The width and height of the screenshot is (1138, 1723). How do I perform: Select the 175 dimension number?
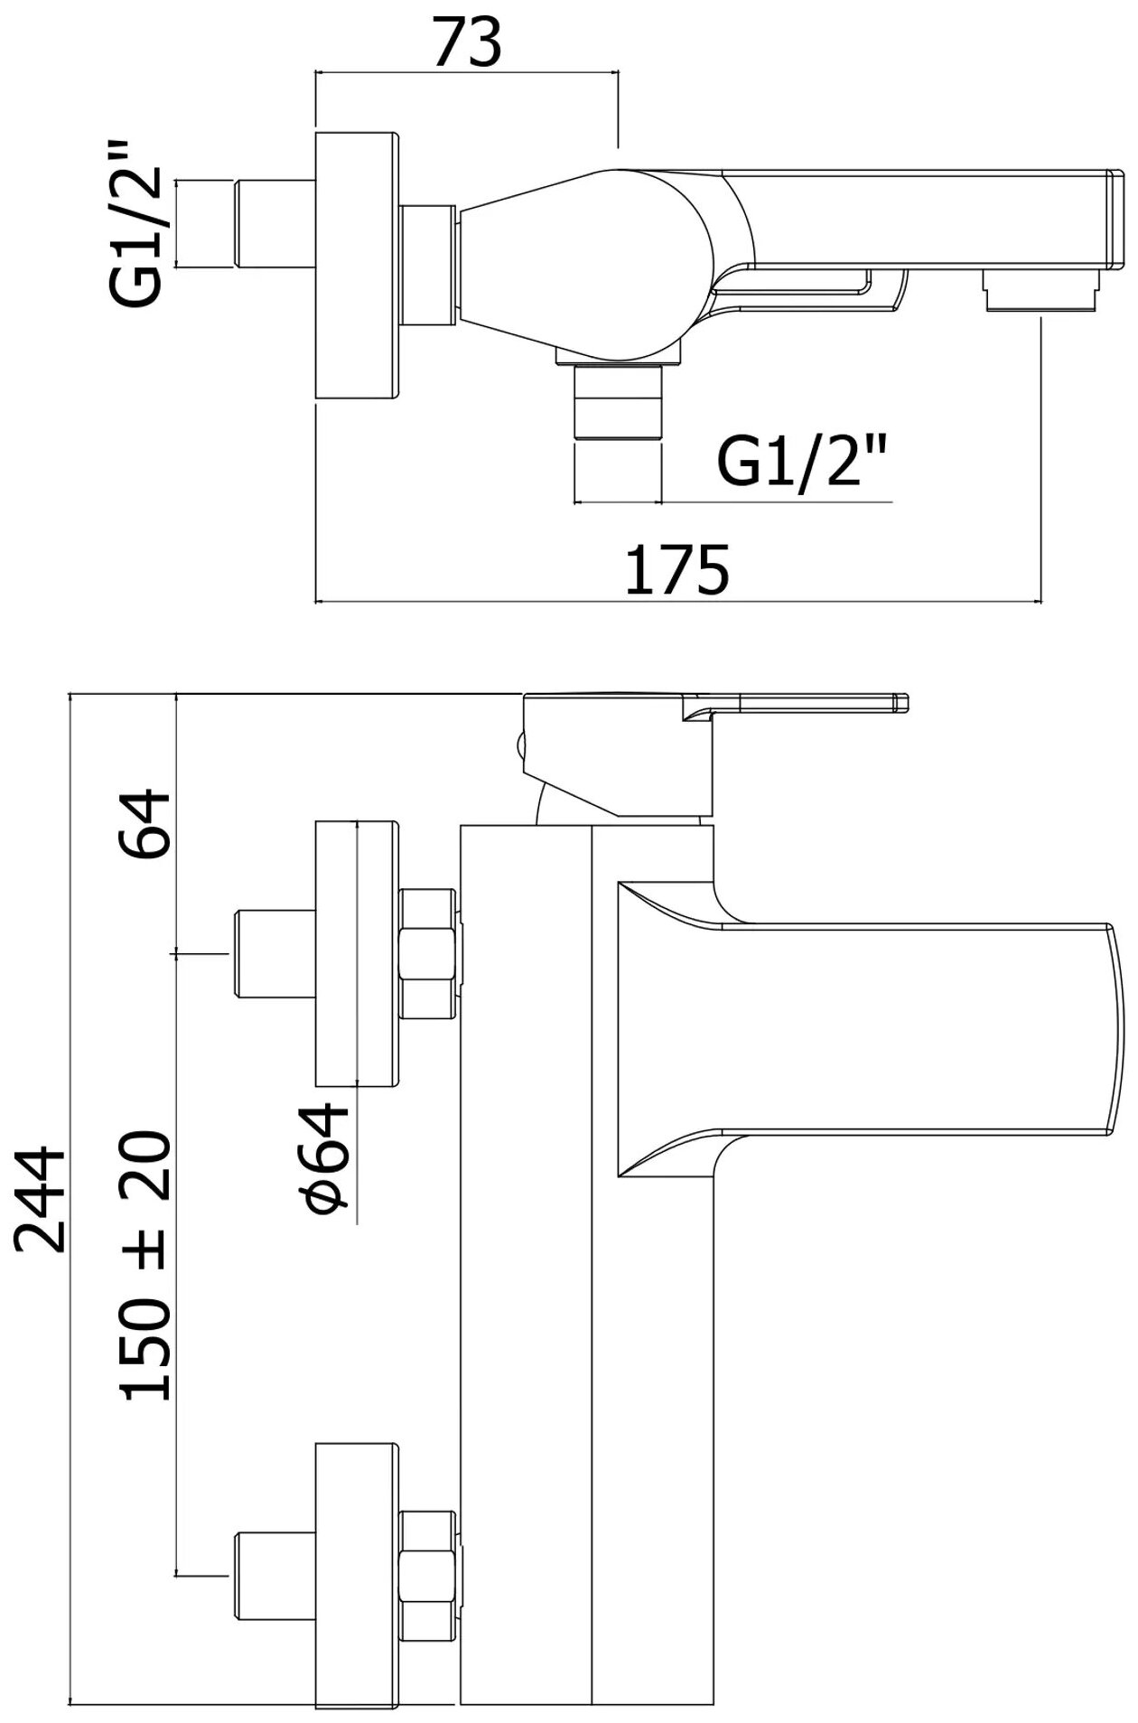click(676, 570)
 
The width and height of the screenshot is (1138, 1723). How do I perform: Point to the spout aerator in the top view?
click(1043, 293)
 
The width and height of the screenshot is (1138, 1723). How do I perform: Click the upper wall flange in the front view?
click(357, 952)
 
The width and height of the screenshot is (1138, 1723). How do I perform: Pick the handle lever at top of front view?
click(795, 706)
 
